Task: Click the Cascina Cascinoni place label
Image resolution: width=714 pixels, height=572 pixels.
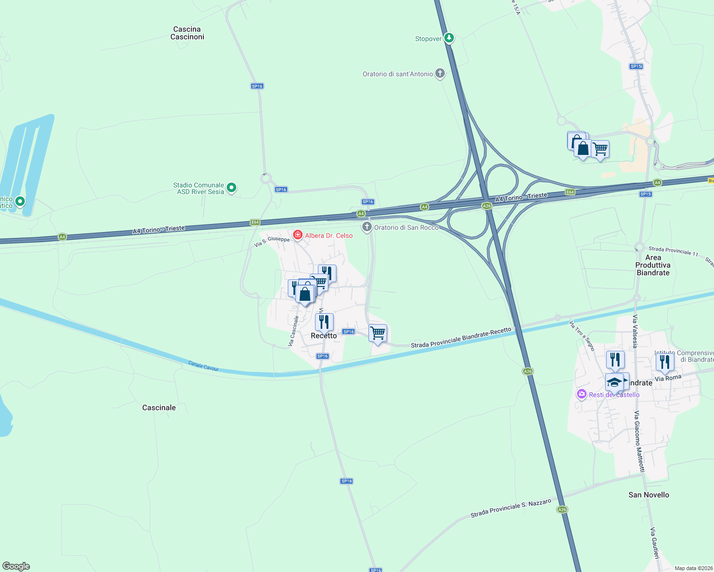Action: (x=187, y=33)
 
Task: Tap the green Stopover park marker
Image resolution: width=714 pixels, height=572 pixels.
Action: (x=449, y=38)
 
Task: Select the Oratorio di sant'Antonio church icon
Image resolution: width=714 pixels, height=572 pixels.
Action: (x=440, y=73)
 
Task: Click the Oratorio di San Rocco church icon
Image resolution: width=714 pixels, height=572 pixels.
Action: (x=367, y=227)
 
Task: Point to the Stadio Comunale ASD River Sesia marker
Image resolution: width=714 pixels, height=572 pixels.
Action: (x=231, y=188)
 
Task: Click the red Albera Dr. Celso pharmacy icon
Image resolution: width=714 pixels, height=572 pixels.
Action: (x=298, y=235)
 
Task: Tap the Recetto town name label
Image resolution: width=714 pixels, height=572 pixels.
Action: (x=324, y=336)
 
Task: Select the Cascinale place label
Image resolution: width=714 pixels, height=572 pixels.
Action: (x=159, y=408)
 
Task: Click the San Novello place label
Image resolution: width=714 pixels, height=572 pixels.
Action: (x=649, y=495)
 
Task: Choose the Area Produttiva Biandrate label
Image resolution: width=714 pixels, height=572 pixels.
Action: (x=653, y=265)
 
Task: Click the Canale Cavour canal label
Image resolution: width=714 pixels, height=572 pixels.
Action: (x=203, y=366)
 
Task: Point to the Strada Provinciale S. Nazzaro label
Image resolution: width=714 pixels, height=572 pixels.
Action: (x=511, y=508)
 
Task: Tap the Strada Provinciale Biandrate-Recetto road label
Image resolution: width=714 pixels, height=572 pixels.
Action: (x=461, y=337)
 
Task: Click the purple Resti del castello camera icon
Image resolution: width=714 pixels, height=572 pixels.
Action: (x=581, y=394)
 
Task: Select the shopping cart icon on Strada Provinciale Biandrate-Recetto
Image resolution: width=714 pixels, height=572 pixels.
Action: (x=378, y=333)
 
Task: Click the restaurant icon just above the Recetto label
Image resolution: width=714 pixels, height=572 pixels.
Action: (x=324, y=321)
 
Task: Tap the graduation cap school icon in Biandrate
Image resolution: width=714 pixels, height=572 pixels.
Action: (x=614, y=382)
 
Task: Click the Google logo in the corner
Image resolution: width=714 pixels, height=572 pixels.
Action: (x=16, y=566)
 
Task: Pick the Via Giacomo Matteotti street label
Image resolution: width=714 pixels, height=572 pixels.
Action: (x=639, y=441)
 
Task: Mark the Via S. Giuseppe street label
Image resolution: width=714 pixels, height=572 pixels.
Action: (x=272, y=242)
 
